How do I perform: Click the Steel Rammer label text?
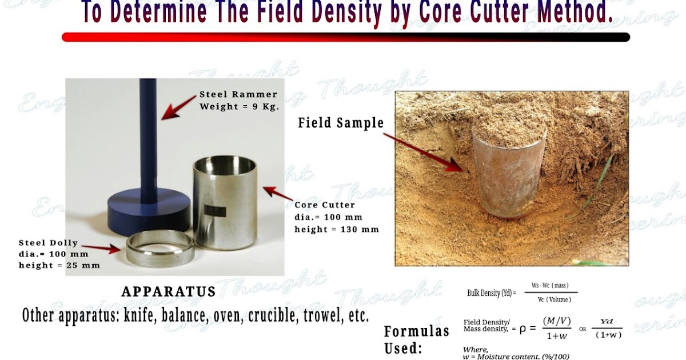tap(238, 94)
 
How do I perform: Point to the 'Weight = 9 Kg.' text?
tap(239, 107)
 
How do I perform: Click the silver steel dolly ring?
tap(161, 247)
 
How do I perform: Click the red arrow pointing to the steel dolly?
tap(106, 248)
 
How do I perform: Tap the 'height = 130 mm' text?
tap(337, 229)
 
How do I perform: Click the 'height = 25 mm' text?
tap(59, 265)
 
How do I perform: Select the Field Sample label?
tap(341, 123)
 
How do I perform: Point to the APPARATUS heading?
tap(169, 292)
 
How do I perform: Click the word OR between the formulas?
tap(583, 329)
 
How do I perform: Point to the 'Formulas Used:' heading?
tap(416, 339)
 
